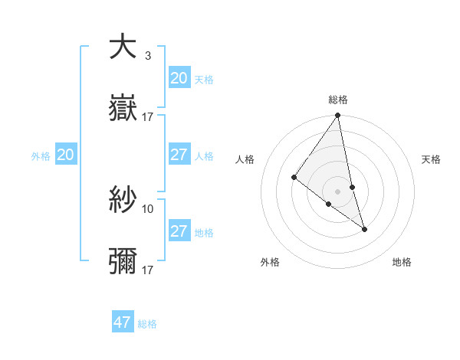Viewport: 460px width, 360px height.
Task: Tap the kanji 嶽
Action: (123, 110)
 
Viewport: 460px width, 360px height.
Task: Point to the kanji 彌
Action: (123, 262)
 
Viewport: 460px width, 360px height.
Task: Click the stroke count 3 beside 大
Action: (147, 55)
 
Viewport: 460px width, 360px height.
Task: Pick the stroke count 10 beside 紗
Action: (148, 208)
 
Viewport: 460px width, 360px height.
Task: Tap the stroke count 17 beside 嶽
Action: (148, 117)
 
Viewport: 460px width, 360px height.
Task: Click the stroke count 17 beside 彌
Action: (148, 270)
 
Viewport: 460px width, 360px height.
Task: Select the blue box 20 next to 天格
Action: (179, 78)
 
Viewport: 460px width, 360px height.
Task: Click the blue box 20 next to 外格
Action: (65, 155)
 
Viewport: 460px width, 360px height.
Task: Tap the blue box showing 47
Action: (123, 322)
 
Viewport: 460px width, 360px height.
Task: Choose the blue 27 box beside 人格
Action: (179, 155)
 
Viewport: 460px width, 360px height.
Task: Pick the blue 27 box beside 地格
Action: (179, 231)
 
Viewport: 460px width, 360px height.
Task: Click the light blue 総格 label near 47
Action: (147, 324)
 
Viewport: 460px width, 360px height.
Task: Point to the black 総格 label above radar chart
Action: (338, 100)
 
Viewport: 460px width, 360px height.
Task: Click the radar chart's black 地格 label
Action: (402, 262)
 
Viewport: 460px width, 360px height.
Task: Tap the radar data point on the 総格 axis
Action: (338, 116)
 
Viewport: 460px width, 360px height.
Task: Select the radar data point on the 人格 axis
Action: (294, 178)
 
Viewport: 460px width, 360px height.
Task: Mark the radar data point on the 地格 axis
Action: (364, 228)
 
